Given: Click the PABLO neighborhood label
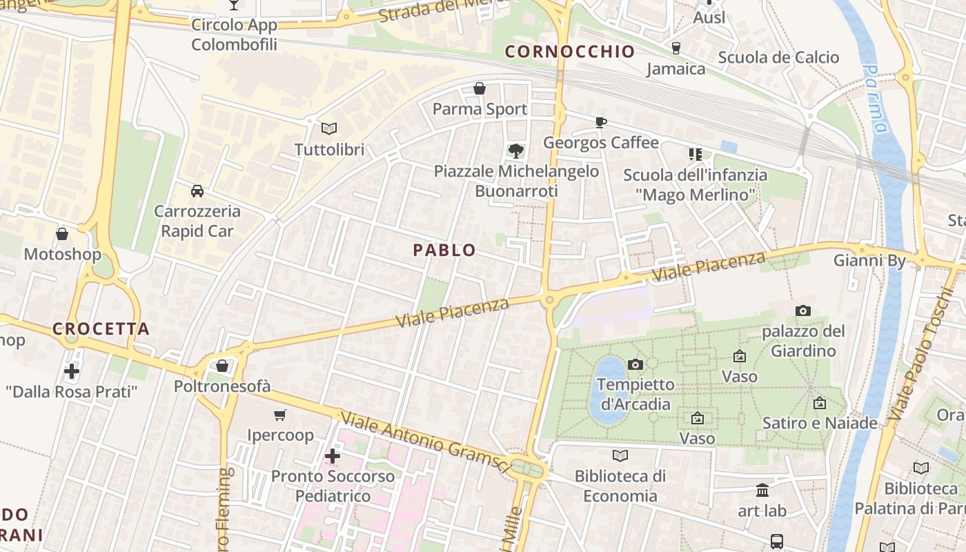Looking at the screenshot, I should (x=444, y=250).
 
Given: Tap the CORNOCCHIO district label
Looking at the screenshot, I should (x=570, y=52).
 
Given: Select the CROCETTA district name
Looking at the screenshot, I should (x=101, y=329).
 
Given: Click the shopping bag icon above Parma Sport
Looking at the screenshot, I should (x=480, y=88).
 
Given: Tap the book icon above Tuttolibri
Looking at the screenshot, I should (x=329, y=128).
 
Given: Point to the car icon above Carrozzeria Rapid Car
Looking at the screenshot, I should (x=197, y=190).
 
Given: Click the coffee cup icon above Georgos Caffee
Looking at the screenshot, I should (x=601, y=122).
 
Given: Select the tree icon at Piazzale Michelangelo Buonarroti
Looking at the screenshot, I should (x=515, y=150).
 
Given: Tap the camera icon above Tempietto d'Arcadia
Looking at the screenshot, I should (x=635, y=364).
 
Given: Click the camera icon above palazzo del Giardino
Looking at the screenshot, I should (x=803, y=311).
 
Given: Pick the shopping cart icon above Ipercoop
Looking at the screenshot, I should (x=280, y=415).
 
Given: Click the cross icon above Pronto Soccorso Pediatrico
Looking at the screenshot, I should (x=333, y=456).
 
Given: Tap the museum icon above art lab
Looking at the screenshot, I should (x=762, y=491).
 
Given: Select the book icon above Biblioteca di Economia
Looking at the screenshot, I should (x=620, y=455).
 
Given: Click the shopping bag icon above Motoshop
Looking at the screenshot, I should (x=62, y=234).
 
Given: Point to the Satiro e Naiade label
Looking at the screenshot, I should (x=820, y=423).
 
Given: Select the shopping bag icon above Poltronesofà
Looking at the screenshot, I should (x=222, y=366).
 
